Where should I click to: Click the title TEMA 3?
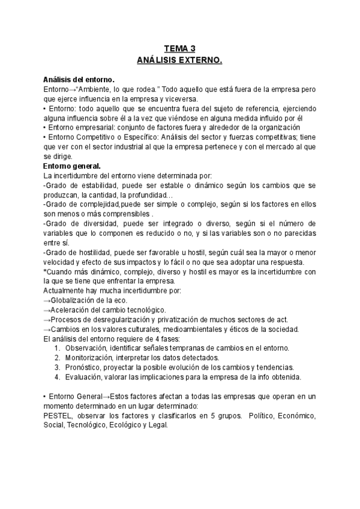[x=179, y=49]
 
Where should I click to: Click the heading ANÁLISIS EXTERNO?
[x=179, y=60]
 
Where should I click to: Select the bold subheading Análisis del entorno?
[x=79, y=80]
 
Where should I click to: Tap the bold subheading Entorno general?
[x=72, y=166]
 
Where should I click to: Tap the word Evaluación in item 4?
[x=85, y=377]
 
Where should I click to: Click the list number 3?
[x=56, y=367]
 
